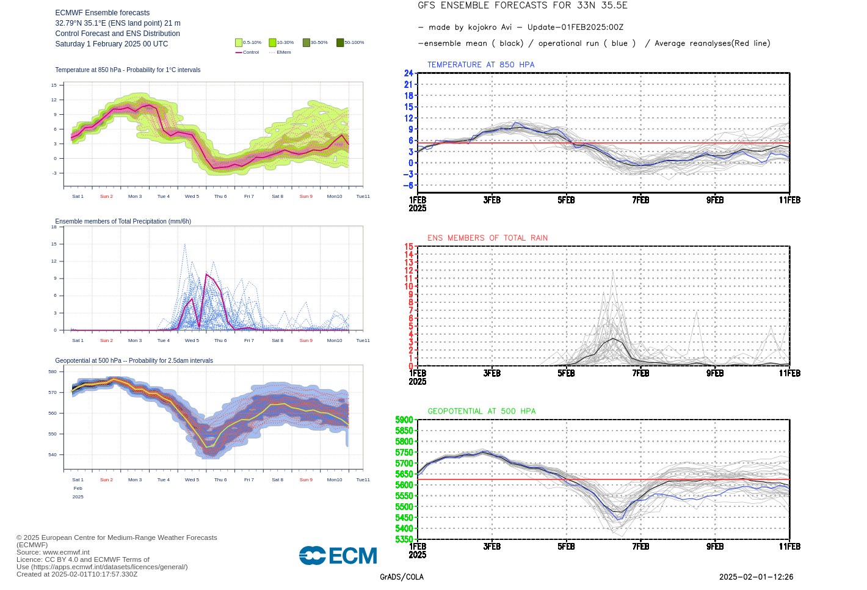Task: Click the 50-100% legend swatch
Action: click(340, 43)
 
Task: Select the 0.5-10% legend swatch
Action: click(239, 43)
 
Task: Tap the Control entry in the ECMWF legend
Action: click(247, 53)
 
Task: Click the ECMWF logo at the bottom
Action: click(338, 555)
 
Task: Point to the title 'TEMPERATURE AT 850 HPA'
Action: click(481, 65)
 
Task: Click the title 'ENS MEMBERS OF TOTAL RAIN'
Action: click(487, 238)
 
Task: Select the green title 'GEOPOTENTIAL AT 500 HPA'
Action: click(481, 412)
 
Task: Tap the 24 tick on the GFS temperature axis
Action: click(408, 73)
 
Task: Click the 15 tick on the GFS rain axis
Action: click(408, 247)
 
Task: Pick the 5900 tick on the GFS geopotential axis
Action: click(404, 420)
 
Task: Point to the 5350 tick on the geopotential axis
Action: click(404, 539)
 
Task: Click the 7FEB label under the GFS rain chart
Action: click(640, 373)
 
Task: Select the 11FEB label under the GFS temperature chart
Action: click(789, 200)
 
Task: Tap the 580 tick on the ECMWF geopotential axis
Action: click(53, 371)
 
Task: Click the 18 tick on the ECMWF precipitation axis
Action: click(54, 227)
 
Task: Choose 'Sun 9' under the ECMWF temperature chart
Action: click(306, 197)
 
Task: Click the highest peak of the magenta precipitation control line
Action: click(206, 275)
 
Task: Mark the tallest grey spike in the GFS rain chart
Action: click(612, 271)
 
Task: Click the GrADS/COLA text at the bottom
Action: click(402, 577)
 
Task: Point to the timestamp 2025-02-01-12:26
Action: click(756, 577)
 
